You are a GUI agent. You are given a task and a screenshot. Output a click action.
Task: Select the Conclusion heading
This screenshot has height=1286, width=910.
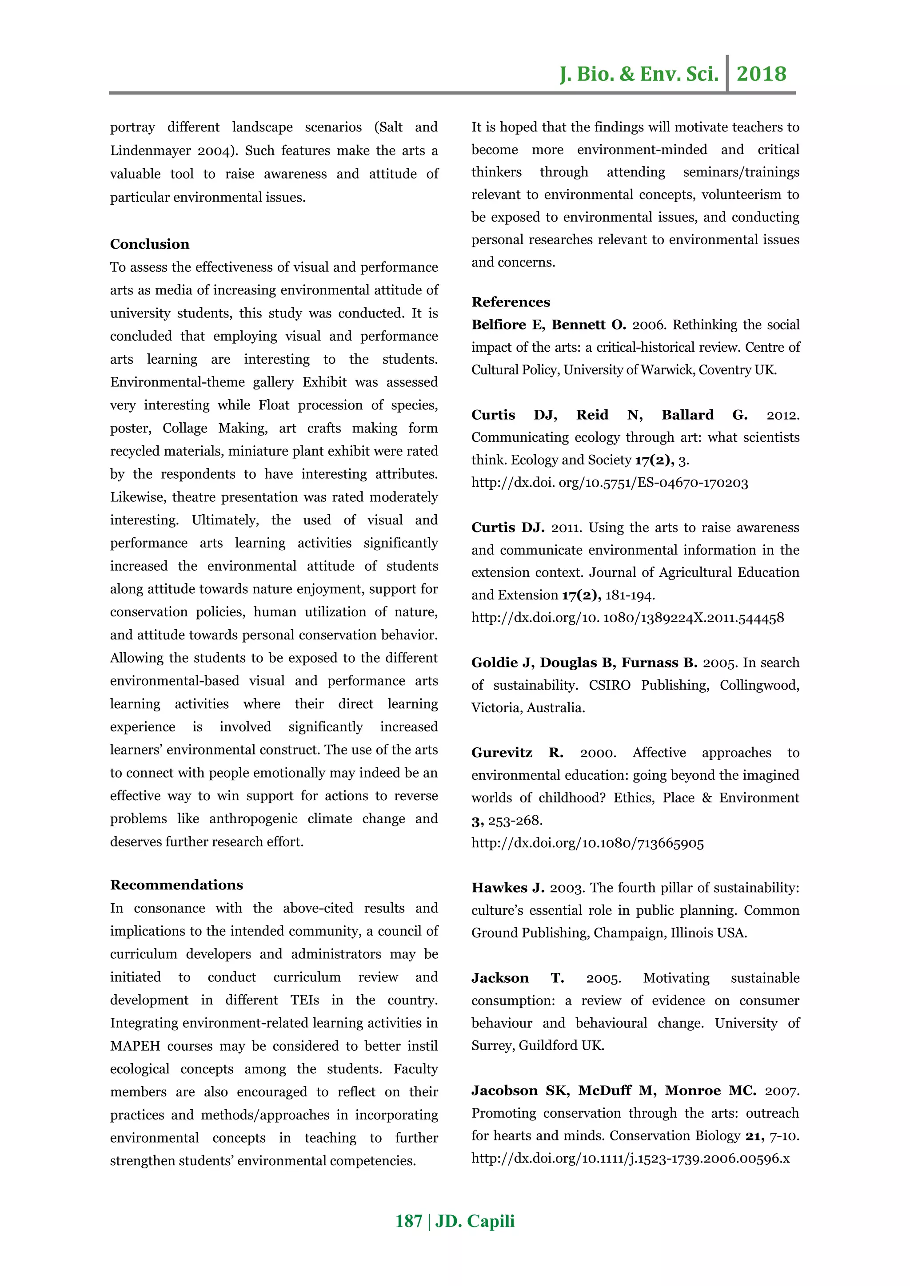tap(150, 244)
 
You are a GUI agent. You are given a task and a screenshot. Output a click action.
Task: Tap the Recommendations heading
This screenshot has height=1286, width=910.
tap(176, 885)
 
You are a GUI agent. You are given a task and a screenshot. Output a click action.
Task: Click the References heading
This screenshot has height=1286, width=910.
tap(511, 302)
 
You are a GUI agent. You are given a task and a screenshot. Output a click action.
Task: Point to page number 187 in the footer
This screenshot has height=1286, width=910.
tap(408, 1221)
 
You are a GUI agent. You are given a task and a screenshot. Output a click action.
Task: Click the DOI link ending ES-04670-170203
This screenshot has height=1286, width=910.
tap(609, 483)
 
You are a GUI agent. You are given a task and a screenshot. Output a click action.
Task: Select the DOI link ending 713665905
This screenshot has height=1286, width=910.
tap(587, 843)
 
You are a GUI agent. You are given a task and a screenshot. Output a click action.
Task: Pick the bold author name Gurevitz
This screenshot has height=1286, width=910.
tap(502, 753)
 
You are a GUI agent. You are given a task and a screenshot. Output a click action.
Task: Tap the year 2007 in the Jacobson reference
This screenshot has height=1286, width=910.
tap(782, 1091)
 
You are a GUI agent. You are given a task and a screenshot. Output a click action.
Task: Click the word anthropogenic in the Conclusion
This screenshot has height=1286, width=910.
tap(253, 819)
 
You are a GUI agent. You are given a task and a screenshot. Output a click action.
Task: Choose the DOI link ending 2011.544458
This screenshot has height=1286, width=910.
tap(627, 618)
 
